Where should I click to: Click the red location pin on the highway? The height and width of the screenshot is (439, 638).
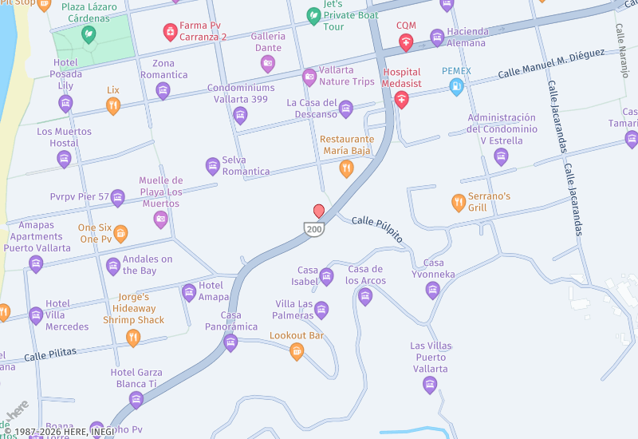319,211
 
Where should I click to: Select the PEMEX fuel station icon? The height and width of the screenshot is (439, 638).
456,86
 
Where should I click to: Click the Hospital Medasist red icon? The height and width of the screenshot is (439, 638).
401,100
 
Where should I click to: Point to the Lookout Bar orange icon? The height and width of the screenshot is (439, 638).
297,350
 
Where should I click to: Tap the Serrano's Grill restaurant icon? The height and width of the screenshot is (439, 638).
458,202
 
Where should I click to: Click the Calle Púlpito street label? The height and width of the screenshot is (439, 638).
377,229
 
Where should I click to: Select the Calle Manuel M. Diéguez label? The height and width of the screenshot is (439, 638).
551,65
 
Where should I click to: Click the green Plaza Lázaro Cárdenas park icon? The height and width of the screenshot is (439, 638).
88,34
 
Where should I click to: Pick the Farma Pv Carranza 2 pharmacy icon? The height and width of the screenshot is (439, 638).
170,31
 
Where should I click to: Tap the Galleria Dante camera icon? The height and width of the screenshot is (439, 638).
268,63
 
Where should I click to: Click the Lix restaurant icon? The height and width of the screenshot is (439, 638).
113,105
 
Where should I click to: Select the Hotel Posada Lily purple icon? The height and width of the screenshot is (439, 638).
65,103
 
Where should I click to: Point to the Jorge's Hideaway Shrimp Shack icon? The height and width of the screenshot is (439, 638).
133,338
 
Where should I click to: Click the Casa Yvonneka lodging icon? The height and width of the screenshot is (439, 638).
433,290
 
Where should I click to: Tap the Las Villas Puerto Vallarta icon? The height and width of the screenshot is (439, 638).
430,386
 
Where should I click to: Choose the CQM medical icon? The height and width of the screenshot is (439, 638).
406,42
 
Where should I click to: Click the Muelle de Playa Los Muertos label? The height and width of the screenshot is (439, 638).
160,192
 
